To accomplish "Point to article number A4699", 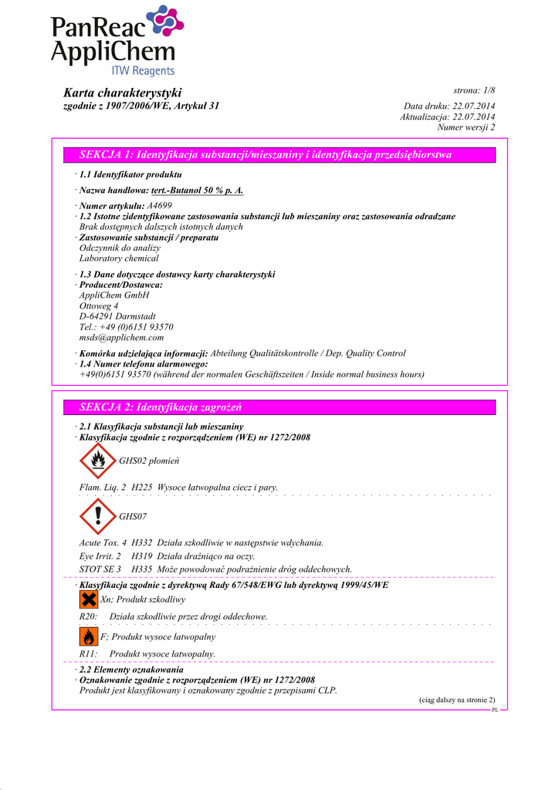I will point(159,206).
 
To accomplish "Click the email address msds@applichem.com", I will point(121,337).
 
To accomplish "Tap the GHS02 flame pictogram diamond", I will point(97,461).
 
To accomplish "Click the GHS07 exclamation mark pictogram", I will point(97,515).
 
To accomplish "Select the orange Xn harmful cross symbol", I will point(89,599).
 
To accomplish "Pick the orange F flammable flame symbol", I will point(89,637).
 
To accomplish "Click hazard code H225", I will point(142,488).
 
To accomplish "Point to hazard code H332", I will point(142,543).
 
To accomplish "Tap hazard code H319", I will point(142,556).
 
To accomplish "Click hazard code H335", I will point(142,569).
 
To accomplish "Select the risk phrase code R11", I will point(88,654).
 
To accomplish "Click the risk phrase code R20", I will point(88,616).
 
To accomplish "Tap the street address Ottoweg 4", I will point(99,306).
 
